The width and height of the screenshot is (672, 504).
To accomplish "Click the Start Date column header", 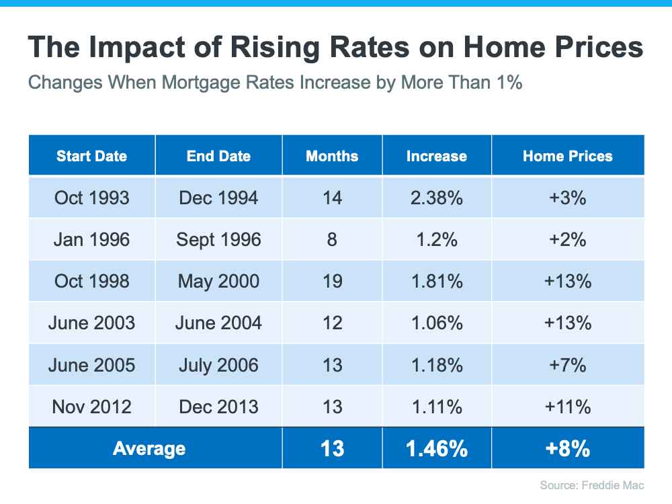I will pos(91,156).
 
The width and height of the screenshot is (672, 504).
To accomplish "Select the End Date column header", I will pos(218,156).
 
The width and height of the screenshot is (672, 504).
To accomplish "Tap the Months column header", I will pos(332,156).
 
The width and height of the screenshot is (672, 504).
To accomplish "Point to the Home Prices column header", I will pos(568,156).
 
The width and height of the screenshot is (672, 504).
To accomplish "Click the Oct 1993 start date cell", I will pos(91,198).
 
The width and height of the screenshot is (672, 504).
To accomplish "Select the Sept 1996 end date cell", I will pos(218,239).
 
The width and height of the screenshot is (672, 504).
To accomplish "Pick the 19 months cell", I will pos(332,281).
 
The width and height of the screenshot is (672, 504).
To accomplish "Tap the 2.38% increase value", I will pos(436,198).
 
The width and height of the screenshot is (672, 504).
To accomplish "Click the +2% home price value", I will pos(568,239).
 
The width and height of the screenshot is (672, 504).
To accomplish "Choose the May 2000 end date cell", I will pos(218,281).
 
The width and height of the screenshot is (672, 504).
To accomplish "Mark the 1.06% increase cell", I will pos(436,323).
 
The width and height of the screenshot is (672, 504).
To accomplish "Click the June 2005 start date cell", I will pos(91,364).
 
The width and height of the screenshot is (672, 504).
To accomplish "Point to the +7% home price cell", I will pos(568,364).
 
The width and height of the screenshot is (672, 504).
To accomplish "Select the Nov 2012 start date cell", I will pos(91,406).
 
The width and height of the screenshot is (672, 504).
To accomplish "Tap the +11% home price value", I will pos(568,406).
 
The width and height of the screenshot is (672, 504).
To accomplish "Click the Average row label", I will pos(149,448).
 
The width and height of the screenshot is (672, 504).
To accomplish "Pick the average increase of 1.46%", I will pos(436,448).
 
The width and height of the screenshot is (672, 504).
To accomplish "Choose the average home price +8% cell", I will pos(568,448).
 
